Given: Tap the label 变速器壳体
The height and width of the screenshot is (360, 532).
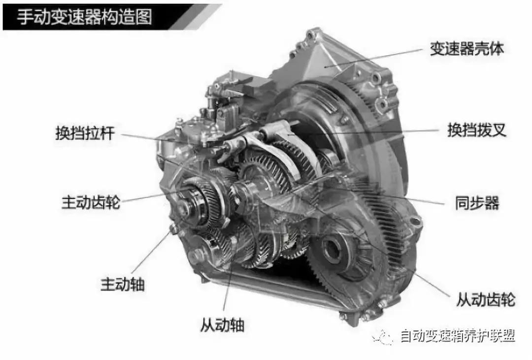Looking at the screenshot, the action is [x=467, y=49].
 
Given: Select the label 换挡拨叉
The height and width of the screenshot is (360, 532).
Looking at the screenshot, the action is [x=477, y=130].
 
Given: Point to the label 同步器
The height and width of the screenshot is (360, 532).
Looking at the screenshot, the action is [x=477, y=203].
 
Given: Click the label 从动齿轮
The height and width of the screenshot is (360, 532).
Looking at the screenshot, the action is [x=486, y=299].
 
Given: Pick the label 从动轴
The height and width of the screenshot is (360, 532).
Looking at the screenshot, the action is [x=222, y=325].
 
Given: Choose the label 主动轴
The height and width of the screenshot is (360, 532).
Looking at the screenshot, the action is [x=123, y=284].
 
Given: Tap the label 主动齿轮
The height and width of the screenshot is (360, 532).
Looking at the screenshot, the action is [x=91, y=202].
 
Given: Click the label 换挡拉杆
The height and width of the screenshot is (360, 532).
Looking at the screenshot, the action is [x=85, y=133].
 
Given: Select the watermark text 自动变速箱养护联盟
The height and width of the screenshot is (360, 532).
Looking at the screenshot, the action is [x=458, y=336].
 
